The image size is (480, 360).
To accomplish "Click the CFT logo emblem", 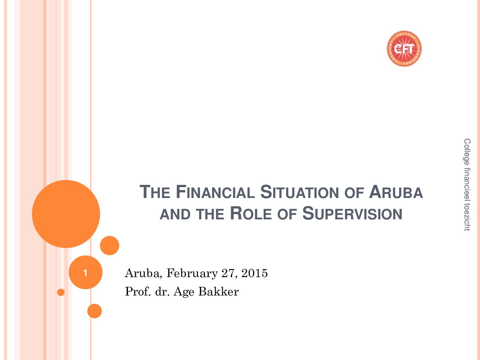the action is pos(404,48).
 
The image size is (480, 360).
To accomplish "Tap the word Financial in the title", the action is pos(215,192).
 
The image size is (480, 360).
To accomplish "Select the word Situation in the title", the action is pos(300,192).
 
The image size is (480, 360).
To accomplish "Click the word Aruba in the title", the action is pos(396,192).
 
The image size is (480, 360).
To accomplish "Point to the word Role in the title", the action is pos(251,213).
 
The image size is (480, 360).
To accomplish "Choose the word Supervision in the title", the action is pos(352,213).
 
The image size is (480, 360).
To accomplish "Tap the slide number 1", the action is pos(85,273).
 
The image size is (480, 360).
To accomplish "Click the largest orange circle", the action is pos(66,214).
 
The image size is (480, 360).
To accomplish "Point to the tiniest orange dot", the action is pos(61,292).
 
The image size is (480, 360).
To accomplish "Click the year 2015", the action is pos(255,273).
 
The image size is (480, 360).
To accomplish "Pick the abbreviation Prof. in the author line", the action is pos(138,291).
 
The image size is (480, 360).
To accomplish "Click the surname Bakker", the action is pos(219,291).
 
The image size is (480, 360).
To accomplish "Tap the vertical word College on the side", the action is pos(467,152).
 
